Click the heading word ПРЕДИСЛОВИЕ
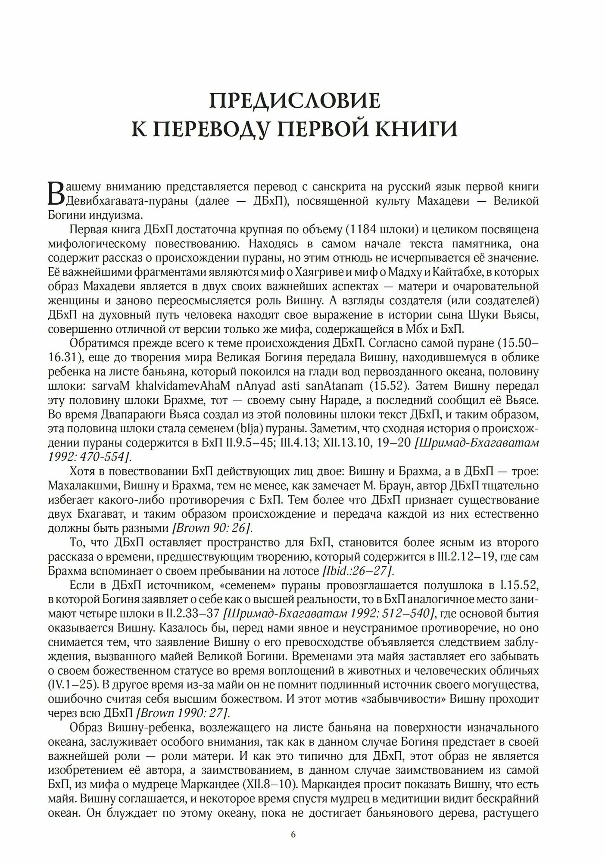295,101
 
